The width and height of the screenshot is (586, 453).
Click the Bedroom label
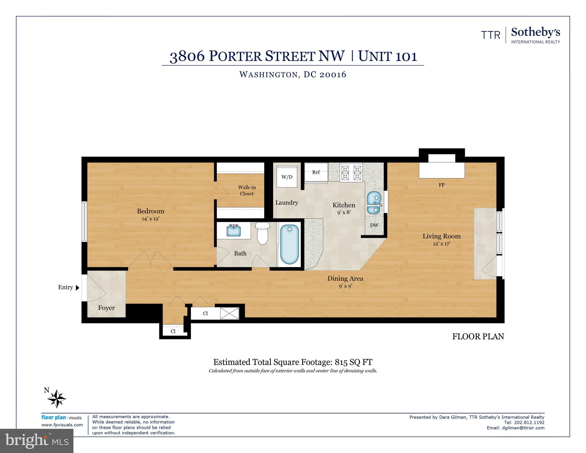point(150,211)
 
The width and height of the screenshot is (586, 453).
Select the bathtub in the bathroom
point(289,244)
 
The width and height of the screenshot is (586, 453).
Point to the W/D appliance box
point(287,177)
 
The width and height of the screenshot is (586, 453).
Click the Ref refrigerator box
point(316,172)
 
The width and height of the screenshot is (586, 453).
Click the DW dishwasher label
point(374,225)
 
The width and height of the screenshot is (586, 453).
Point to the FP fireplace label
point(441,185)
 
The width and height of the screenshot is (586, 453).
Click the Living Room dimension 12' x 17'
point(441,244)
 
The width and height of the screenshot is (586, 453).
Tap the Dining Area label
point(345,278)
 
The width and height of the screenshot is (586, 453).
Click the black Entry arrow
point(78,288)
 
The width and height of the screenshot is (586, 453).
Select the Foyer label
point(106,308)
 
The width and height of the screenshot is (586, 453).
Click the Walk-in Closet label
point(247,190)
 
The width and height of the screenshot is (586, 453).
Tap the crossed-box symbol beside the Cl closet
point(229,313)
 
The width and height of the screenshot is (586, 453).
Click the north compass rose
point(57,399)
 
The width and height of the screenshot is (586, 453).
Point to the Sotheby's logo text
point(535,32)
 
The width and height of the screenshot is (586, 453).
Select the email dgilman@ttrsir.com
point(523,428)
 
